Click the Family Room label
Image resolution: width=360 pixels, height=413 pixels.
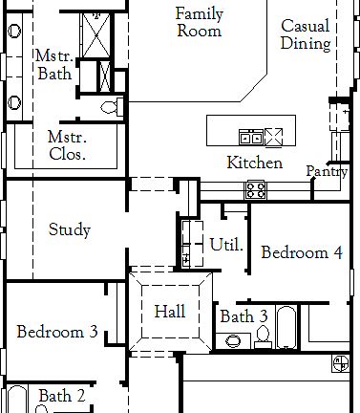(199, 21)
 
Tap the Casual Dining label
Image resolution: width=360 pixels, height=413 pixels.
(307, 35)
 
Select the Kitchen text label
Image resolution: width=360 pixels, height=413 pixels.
(254, 163)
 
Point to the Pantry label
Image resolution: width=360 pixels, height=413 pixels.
(327, 171)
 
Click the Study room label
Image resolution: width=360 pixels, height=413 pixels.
(70, 229)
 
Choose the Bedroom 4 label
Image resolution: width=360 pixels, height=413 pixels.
(302, 253)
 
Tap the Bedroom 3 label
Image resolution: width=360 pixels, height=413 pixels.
(57, 333)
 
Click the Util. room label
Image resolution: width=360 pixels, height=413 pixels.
(226, 245)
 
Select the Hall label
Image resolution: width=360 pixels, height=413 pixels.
(170, 312)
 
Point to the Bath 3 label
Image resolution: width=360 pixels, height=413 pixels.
(244, 316)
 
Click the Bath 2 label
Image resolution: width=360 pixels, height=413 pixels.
(62, 395)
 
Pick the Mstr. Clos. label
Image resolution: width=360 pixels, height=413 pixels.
(68, 144)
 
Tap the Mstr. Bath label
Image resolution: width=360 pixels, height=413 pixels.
(53, 65)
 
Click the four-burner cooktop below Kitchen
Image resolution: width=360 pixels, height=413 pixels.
(256, 189)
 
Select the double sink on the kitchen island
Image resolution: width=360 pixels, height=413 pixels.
(251, 136)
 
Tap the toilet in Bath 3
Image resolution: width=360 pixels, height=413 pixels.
(263, 337)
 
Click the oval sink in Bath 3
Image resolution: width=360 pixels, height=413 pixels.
(232, 340)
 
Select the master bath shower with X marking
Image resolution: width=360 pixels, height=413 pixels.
(96, 34)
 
